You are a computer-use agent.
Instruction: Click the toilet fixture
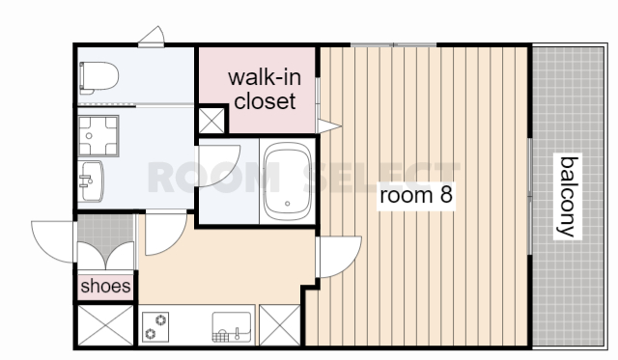(98, 77)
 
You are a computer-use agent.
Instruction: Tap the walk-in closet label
(265, 89)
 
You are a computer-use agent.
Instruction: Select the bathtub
(288, 181)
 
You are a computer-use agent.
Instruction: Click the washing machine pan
(98, 136)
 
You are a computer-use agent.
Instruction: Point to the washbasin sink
(91, 181)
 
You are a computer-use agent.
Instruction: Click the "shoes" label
(105, 286)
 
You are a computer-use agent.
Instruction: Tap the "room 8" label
(416, 195)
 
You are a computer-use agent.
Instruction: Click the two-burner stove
(155, 327)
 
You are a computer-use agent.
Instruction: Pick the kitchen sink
(232, 327)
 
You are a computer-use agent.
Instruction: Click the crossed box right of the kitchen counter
(280, 325)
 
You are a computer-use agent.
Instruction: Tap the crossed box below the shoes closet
(105, 325)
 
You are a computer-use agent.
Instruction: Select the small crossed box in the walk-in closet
(211, 120)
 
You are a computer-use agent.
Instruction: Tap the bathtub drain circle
(288, 204)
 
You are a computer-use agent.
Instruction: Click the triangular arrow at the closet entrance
(328, 126)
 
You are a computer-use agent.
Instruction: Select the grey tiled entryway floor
(105, 233)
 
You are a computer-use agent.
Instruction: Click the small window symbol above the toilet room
(152, 37)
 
